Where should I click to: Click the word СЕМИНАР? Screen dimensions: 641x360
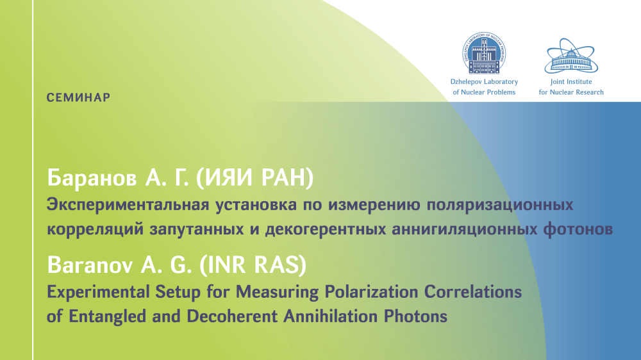pos(78,97)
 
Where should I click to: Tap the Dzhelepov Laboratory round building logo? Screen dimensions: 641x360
pos(484,53)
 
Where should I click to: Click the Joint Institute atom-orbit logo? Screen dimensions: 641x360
pos(571,56)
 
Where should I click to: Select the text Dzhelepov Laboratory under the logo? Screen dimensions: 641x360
pos(484,82)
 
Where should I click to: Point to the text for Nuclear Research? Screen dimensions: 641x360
pos(571,92)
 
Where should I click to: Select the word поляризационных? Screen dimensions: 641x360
pos(500,205)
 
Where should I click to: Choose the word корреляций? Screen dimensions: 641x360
pos(95,229)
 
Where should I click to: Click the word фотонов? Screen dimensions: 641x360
pos(578,229)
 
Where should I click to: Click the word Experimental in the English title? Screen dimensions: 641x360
pos(98,292)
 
